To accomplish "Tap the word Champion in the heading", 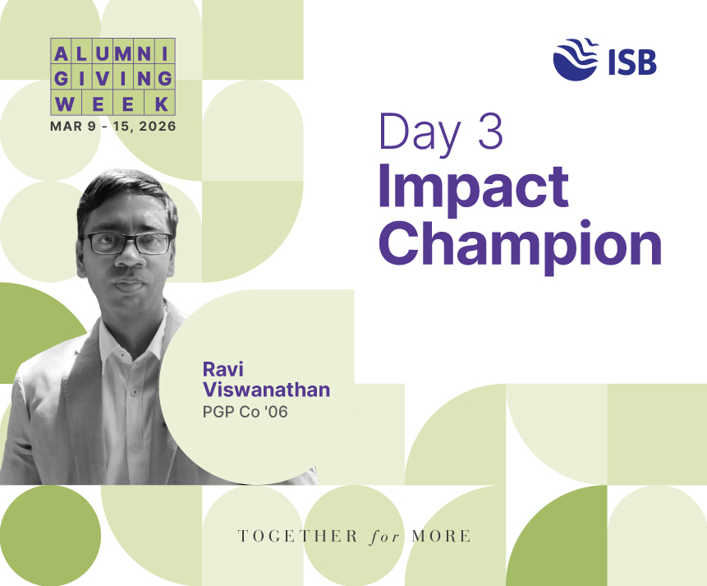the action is click(x=521, y=246).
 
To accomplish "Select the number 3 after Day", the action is click(x=490, y=131).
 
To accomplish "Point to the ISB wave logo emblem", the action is click(x=576, y=59).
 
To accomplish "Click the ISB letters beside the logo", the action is click(x=632, y=62).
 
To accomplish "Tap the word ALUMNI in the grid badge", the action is click(x=112, y=54).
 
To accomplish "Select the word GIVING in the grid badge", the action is click(x=112, y=79).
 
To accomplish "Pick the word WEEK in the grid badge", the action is click(x=112, y=104).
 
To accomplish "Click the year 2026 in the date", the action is click(x=158, y=126).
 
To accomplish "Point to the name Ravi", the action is click(x=223, y=369).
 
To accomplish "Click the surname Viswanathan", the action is click(x=267, y=390).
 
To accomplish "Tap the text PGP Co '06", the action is click(x=246, y=412).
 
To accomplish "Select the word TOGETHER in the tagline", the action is click(x=297, y=537).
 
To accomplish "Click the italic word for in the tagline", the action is click(x=384, y=537).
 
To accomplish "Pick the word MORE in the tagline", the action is click(x=442, y=537).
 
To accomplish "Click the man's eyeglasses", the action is click(x=128, y=243).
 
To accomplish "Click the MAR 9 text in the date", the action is click(x=73, y=126).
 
